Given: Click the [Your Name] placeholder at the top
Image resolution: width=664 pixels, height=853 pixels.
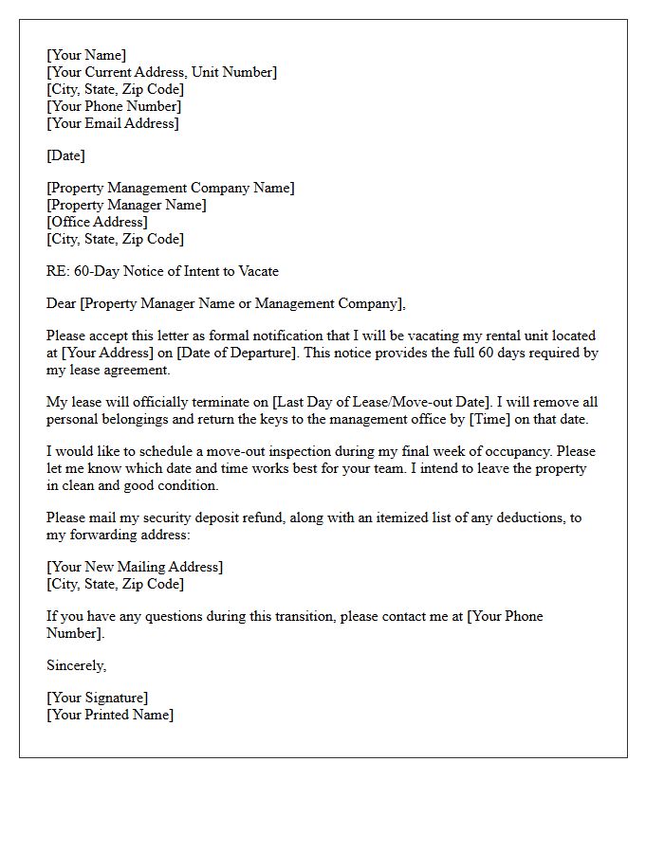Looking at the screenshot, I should tap(86, 55).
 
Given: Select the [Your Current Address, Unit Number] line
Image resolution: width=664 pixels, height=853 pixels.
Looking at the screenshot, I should tap(161, 72).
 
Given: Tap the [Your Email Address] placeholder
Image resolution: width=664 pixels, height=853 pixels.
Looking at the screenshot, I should tap(112, 123).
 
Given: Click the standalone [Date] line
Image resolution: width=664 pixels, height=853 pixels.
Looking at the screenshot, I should tap(65, 155).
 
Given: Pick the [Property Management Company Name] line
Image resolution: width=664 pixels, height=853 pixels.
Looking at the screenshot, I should tap(170, 188).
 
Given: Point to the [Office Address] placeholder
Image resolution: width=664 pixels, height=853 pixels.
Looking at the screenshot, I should tap(97, 222).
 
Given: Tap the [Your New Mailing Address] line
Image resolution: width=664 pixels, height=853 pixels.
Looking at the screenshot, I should tap(135, 567).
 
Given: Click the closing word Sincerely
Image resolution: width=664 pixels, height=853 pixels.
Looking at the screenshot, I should tap(76, 665).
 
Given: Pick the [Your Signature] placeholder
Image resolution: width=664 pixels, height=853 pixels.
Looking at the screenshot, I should tap(97, 699).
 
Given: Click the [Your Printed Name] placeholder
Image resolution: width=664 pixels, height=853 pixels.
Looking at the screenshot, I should tap(110, 716).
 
